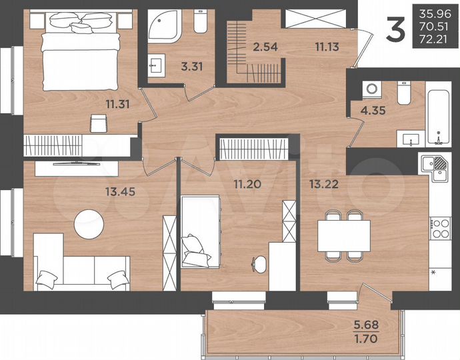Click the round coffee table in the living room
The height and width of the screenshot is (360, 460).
tap(89, 224)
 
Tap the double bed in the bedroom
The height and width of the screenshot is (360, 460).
tap(80, 53)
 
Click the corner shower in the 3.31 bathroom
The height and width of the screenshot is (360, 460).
tap(162, 27)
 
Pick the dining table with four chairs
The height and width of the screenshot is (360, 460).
tap(343, 235)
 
